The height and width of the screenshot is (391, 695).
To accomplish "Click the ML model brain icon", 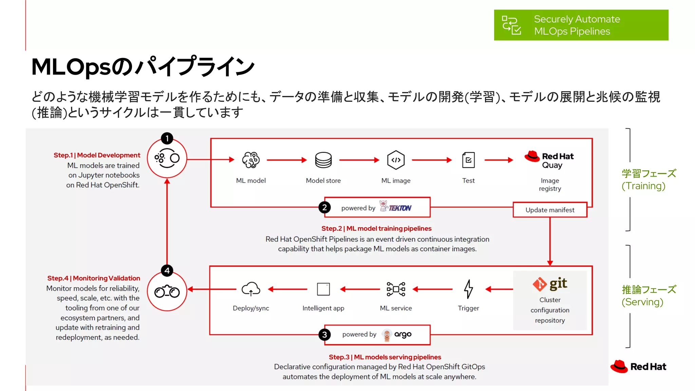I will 251,160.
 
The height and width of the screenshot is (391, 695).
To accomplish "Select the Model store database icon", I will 323,160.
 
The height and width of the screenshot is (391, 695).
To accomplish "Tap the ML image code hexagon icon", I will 396,160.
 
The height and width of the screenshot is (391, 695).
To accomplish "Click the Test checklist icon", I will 468,160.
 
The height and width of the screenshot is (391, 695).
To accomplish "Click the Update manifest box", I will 550,210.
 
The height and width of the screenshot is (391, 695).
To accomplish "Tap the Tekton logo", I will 395,207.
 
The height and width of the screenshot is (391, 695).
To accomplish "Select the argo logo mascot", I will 387,335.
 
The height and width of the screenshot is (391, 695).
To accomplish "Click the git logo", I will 550,284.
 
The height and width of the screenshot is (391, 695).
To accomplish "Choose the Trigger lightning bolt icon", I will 468,289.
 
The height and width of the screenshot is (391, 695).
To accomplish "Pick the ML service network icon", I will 396,289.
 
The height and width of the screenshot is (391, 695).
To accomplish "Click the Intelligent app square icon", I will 323,289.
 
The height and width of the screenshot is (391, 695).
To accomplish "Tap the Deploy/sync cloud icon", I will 251,289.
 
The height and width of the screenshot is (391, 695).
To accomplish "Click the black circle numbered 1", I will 167,138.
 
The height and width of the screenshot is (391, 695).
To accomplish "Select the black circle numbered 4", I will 167,271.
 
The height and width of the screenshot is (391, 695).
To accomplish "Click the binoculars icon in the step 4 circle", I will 167,292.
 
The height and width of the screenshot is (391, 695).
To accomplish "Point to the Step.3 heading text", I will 384,357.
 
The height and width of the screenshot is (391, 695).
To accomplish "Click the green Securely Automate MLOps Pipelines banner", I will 581,25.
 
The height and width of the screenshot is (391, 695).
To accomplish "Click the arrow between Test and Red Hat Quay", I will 499,160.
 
